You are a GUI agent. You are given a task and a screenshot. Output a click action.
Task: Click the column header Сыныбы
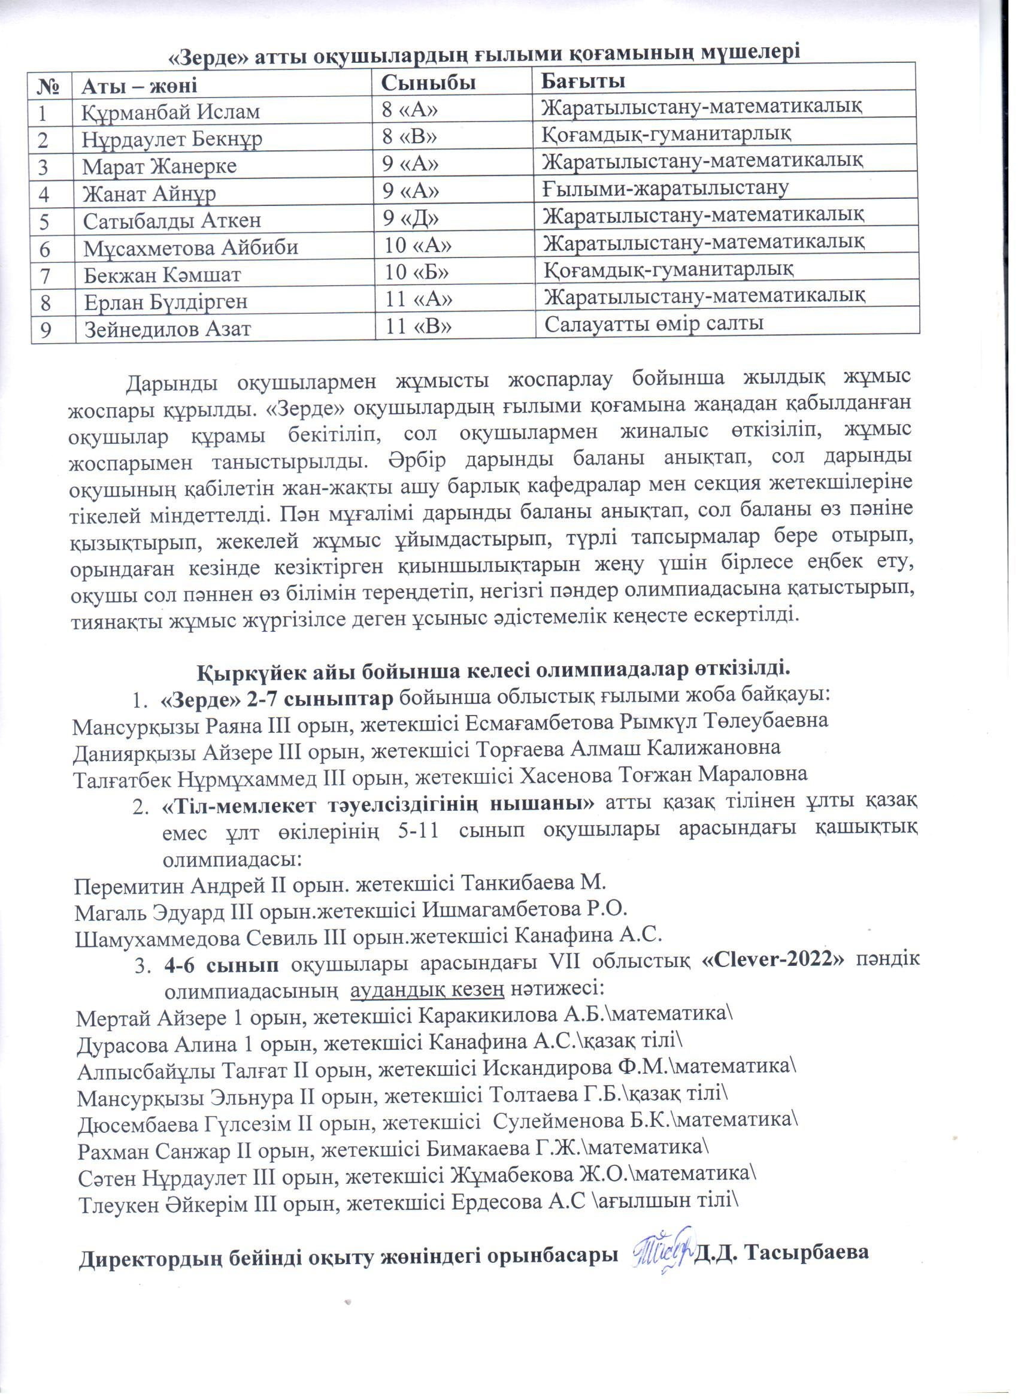428,82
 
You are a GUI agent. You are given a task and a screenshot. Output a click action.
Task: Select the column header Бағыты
583,81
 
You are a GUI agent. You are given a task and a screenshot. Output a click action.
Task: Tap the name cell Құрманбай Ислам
171,113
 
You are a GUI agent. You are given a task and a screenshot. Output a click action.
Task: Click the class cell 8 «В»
410,137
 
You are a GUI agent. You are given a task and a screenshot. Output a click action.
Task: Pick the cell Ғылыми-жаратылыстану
665,187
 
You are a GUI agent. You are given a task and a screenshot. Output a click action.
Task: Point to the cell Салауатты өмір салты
655,323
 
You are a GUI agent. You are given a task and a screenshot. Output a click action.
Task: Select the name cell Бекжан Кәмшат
162,275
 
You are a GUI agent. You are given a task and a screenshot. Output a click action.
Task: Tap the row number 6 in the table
44,248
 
